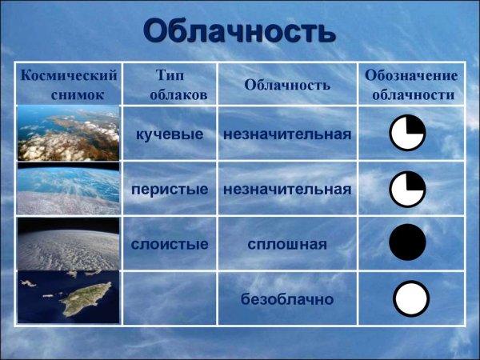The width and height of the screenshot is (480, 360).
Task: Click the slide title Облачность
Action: point(238,31)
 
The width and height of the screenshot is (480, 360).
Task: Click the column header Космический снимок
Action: point(68,84)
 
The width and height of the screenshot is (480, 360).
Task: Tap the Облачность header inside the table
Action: point(286,84)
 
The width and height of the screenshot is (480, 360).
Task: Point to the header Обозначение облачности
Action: point(410,84)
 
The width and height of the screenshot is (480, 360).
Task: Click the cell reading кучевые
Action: point(170,134)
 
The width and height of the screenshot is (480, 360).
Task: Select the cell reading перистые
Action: point(170,189)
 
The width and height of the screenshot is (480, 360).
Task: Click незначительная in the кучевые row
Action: point(287,134)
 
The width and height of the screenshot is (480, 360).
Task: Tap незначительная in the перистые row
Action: point(287,189)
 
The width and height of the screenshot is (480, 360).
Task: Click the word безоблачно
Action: point(287,299)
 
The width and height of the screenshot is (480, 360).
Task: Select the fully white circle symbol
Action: point(412,298)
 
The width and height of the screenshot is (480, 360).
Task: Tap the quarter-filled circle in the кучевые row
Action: point(408,133)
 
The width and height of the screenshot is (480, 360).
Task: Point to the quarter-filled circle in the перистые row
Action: point(408,189)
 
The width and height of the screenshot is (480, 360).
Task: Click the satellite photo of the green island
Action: point(68,298)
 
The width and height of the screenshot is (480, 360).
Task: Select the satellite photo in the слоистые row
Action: point(68,243)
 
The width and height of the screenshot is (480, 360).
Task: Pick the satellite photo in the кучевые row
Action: point(68,133)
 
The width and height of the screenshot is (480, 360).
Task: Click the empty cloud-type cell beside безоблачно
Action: point(170,298)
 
